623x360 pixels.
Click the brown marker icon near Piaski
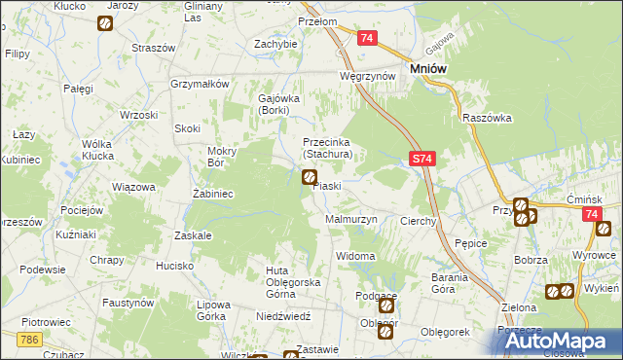click(310, 177)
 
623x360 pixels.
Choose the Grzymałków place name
click(199, 84)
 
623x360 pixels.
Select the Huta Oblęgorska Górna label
click(293, 276)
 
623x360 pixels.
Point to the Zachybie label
click(275, 44)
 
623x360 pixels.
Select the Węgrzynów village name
click(366, 75)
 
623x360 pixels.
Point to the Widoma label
click(355, 256)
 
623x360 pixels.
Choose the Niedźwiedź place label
click(283, 316)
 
